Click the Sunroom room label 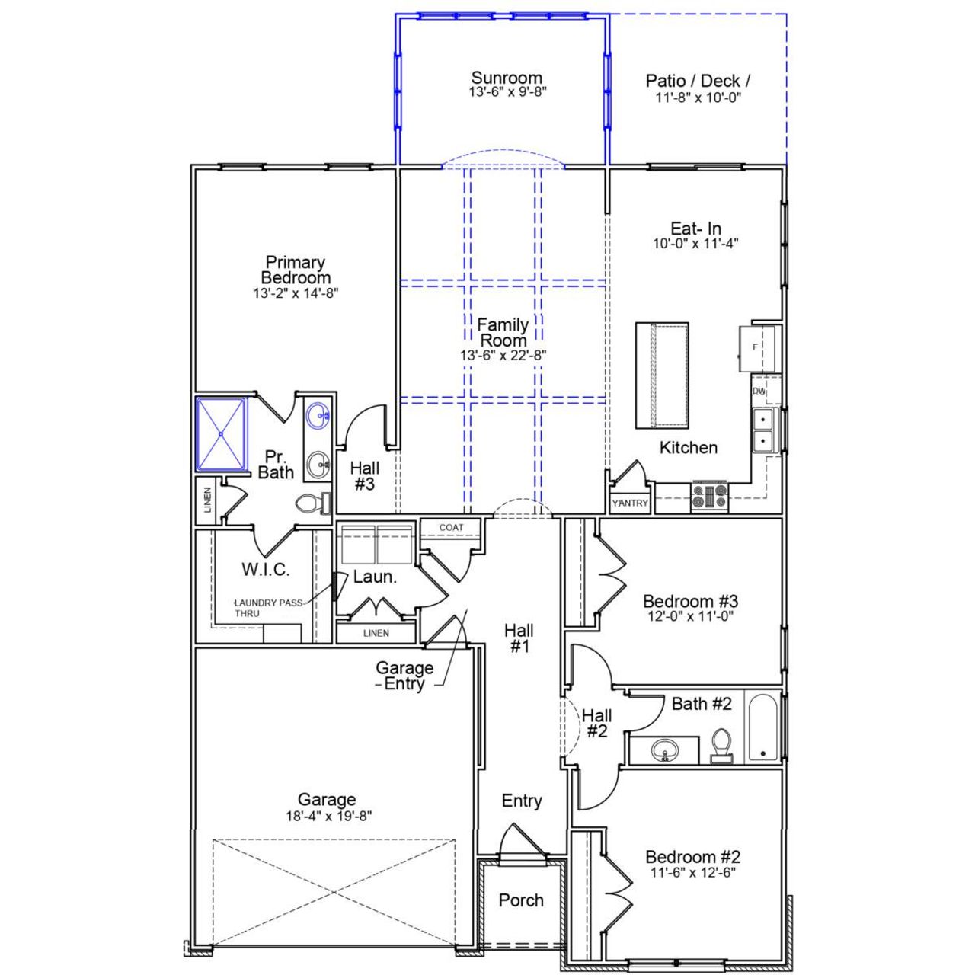coord(507,78)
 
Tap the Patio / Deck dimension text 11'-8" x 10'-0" coord(698,98)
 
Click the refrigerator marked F coord(756,348)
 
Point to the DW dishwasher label coord(759,391)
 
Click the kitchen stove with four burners coord(709,497)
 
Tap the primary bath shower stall coord(222,433)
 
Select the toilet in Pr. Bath coord(312,503)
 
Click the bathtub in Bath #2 coord(763,727)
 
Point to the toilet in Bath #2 coord(721,744)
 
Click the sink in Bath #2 coord(665,751)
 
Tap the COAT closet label coord(451,527)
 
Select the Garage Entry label coord(404,676)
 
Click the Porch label coord(521,900)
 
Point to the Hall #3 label coord(365,477)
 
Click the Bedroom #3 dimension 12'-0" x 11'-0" coord(690,617)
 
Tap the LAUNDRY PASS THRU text coord(268,608)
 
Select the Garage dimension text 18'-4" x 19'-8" coord(327,816)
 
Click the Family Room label coord(503,333)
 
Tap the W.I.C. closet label coord(265,569)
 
